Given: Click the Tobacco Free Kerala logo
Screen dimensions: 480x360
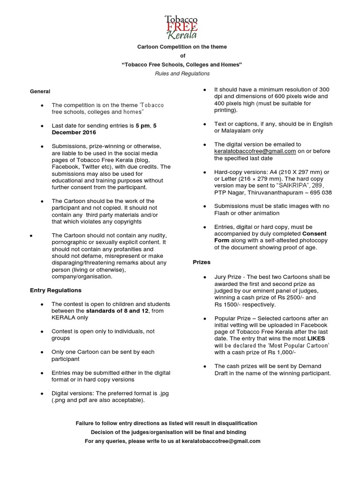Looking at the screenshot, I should tap(180, 27).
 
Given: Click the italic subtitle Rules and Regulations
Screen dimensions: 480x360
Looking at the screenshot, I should tap(182, 74).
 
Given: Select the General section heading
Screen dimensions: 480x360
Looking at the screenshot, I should tap(40, 91).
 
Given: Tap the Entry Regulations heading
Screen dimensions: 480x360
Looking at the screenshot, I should tap(56, 290).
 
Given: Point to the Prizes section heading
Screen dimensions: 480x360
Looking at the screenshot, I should tap(202, 262).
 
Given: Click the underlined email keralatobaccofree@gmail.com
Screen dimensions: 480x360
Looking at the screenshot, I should tap(255, 151).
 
